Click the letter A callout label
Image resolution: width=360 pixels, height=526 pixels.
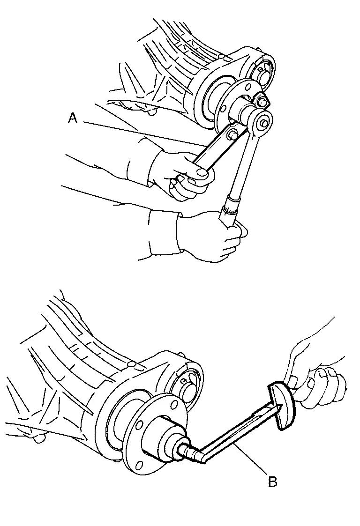click(73, 118)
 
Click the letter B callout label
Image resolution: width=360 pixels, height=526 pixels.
click(273, 482)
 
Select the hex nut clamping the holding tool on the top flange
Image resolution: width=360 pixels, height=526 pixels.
click(262, 100)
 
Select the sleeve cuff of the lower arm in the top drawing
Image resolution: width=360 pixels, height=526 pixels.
click(163, 235)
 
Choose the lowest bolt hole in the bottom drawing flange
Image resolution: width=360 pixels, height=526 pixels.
click(138, 466)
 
